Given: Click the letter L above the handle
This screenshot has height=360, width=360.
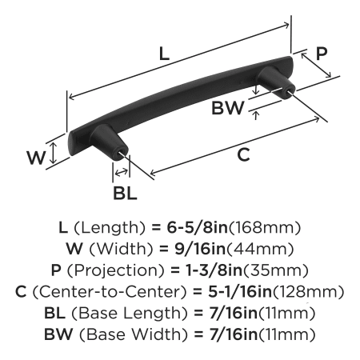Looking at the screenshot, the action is coord(164,54).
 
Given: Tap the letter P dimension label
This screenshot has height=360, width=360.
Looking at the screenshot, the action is coord(322,54).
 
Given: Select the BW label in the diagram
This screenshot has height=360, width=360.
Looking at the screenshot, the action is coord(228,108).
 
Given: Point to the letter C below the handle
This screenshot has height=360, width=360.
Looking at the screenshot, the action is coord(243,154).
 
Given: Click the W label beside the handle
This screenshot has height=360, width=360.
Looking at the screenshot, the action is coord(36,158).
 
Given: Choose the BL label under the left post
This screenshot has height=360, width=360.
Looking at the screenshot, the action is coord(125,193).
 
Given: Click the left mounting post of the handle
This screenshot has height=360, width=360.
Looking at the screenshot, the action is coord(109,142).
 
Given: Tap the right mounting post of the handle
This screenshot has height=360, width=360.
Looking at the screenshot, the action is coord(276,82).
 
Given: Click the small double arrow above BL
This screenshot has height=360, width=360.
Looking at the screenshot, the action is coord(122,172).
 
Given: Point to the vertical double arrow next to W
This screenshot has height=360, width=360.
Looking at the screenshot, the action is coord(54,153).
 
